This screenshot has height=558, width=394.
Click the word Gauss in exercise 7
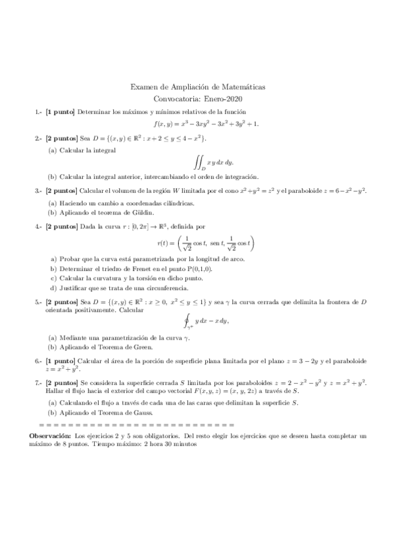pyautogui.click(x=141, y=413)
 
